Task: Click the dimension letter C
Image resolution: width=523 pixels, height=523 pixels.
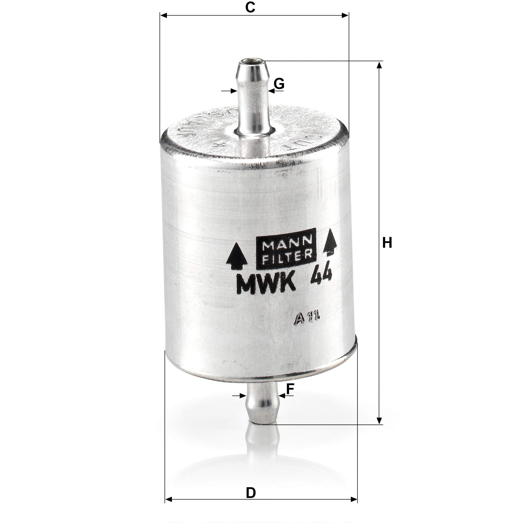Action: click(x=250, y=7)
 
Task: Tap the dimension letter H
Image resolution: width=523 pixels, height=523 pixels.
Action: click(x=387, y=242)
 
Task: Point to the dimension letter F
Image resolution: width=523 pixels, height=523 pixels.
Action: click(x=290, y=390)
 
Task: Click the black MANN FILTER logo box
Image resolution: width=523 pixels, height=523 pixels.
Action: click(x=286, y=252)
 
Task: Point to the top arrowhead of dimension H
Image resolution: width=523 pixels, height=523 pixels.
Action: click(x=380, y=65)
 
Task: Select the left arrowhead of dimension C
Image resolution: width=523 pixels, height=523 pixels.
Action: click(x=164, y=16)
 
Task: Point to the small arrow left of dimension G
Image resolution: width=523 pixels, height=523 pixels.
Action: click(x=233, y=91)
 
